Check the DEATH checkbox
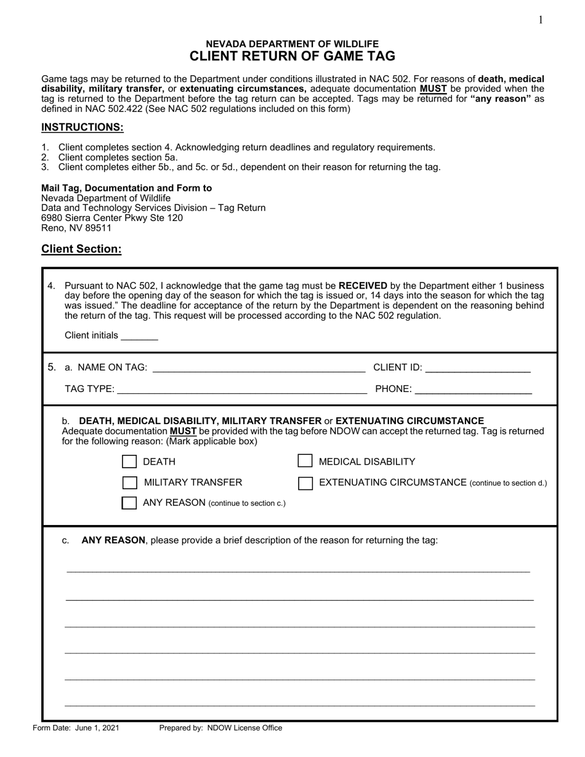tap(129, 462)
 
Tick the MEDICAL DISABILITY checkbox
tap(305, 462)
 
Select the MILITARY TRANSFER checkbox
tap(129, 482)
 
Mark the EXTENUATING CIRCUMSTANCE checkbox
tap(305, 483)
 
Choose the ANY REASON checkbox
tap(129, 503)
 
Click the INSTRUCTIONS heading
tap(83, 127)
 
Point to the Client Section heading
tap(81, 249)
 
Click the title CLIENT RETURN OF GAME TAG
tap(292, 56)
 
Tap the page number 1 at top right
tap(541, 20)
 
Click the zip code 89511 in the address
tap(99, 228)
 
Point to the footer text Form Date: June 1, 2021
tap(76, 728)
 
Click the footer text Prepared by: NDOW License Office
tap(220, 728)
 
